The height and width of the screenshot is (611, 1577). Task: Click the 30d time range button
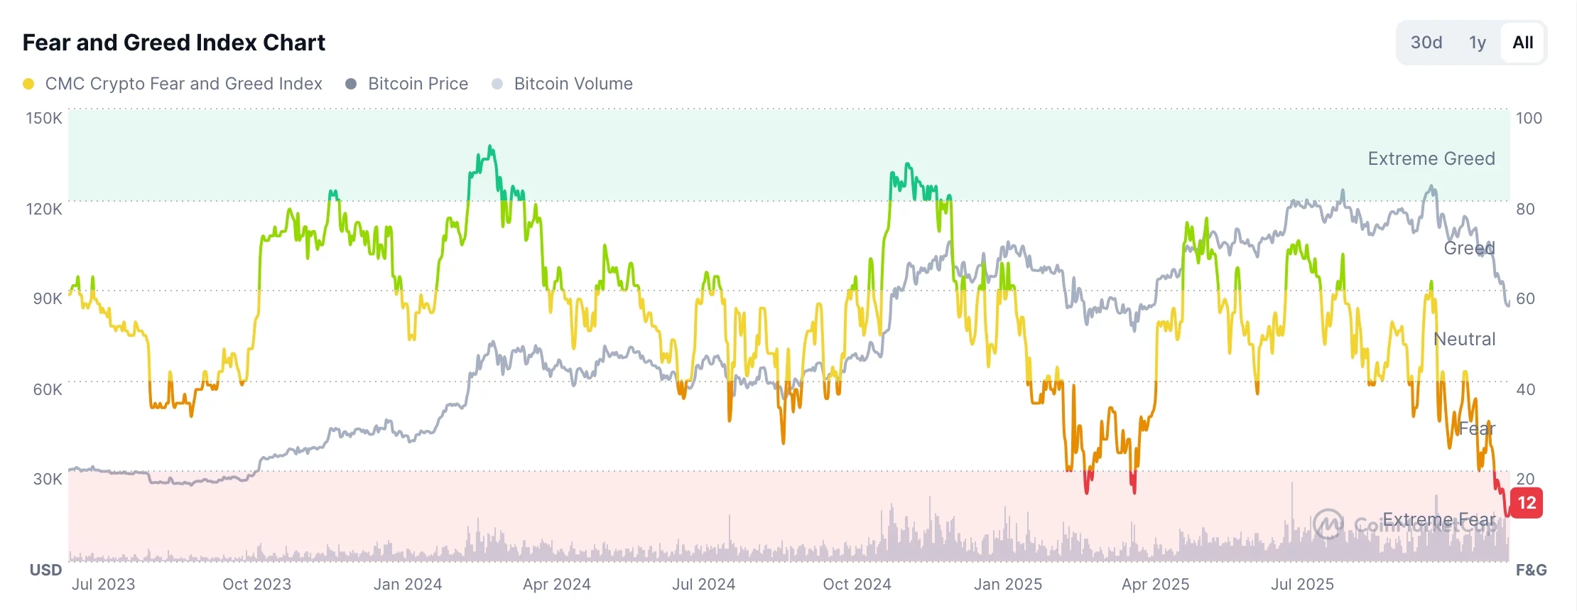click(x=1426, y=43)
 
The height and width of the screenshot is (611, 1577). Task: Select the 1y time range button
click(x=1478, y=43)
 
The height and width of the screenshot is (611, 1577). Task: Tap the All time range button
click(x=1522, y=43)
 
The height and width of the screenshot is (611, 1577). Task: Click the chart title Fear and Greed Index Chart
click(x=173, y=43)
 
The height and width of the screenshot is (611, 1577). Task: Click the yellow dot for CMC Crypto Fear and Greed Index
click(x=28, y=84)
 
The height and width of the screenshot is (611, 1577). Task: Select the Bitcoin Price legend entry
click(x=417, y=84)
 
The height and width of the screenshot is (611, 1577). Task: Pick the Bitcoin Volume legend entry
click(x=573, y=84)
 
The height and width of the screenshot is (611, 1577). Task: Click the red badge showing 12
click(x=1527, y=503)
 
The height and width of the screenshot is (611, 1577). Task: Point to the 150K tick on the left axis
click(x=44, y=118)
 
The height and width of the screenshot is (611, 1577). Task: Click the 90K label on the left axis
click(x=48, y=298)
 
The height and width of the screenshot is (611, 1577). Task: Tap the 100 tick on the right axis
click(x=1529, y=118)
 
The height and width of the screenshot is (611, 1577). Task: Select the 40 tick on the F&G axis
click(x=1525, y=389)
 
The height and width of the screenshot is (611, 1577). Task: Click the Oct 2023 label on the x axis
click(x=256, y=584)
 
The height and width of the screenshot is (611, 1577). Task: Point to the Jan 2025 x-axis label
click(x=1007, y=584)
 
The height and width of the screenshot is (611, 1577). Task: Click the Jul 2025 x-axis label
click(x=1302, y=584)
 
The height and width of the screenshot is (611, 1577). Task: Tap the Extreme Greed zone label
click(x=1431, y=158)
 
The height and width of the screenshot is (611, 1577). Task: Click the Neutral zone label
click(x=1464, y=339)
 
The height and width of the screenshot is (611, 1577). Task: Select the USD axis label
click(x=45, y=570)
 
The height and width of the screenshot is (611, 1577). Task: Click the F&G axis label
click(x=1531, y=570)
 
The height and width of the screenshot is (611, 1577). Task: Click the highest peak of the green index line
click(x=490, y=147)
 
